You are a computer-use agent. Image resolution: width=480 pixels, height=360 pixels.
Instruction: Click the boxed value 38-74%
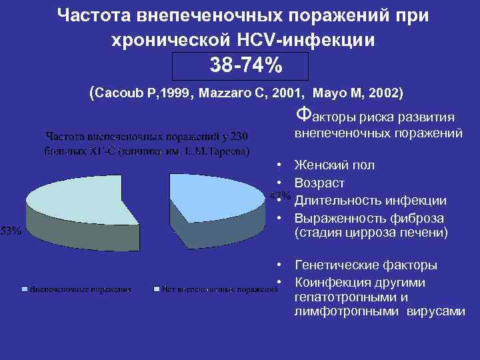241,65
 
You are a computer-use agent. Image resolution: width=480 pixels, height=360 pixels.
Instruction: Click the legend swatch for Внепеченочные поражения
26,290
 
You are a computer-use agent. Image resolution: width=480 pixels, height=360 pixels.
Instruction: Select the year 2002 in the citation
380,92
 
